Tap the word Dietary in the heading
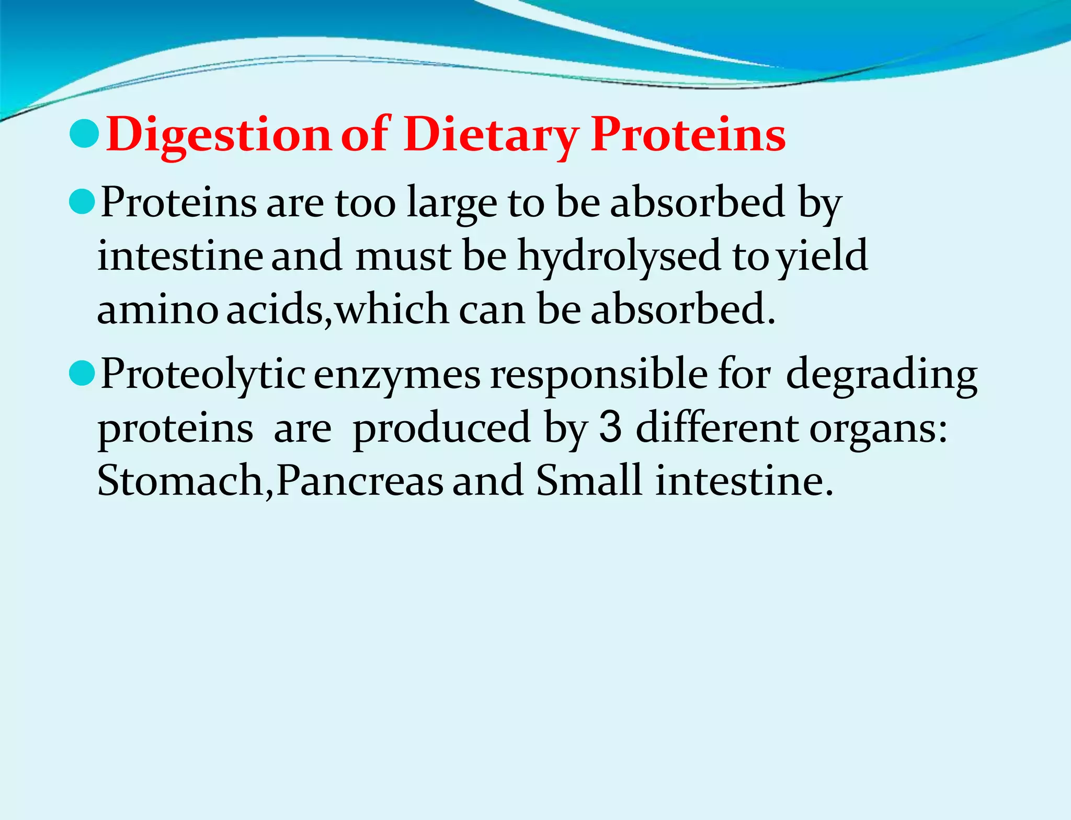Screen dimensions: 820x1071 click(491, 135)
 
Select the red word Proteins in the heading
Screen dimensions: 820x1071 click(688, 135)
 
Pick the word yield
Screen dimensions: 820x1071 click(822, 256)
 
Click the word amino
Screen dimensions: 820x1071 click(157, 309)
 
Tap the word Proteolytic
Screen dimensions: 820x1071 click(203, 375)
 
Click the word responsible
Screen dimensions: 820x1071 click(598, 375)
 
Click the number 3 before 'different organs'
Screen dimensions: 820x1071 click(610, 428)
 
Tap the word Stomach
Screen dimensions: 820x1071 click(181, 481)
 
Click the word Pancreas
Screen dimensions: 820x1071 click(360, 481)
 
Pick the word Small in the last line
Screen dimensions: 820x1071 click(588, 481)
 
